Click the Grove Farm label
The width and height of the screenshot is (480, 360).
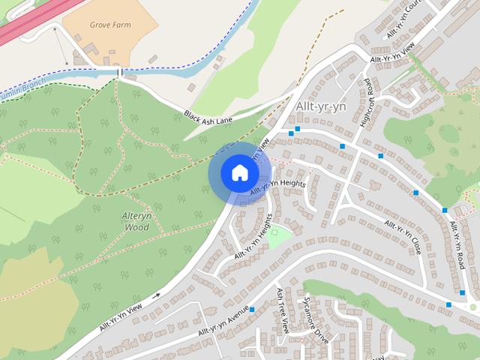(x=110, y=24)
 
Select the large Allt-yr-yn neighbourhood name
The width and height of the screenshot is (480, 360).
(x=323, y=107)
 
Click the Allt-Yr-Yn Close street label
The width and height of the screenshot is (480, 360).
(x=401, y=238)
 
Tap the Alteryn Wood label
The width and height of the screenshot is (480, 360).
(x=136, y=221)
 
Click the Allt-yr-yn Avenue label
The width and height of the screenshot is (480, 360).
(x=223, y=322)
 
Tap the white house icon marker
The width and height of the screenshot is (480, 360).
(x=239, y=173)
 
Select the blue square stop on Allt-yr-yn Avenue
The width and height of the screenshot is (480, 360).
(x=253, y=309)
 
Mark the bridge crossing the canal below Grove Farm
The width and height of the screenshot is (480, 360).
(x=119, y=72)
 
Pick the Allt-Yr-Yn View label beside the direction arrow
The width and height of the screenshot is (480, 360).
(x=120, y=316)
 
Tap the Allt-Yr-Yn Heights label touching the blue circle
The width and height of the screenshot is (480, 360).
(x=277, y=187)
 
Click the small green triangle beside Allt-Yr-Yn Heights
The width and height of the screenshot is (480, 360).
(x=280, y=237)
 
